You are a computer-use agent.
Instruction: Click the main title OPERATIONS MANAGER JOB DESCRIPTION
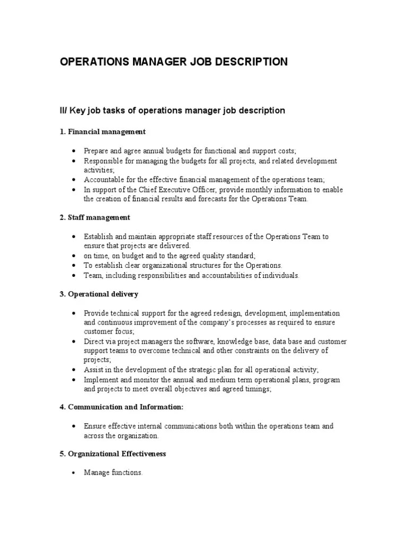coord(174,62)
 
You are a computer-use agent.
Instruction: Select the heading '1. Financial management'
coord(103,132)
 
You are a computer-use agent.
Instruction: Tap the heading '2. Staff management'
coord(95,217)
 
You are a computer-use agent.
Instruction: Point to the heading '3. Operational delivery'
coord(99,294)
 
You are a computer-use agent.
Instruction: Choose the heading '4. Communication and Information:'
coord(122,407)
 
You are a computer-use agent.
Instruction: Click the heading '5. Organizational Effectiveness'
coord(113,454)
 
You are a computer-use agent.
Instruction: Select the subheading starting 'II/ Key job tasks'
coord(172,110)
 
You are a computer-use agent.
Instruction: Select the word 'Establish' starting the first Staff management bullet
coord(98,237)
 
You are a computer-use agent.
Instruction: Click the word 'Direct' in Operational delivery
coord(94,342)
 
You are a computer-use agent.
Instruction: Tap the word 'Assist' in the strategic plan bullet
coord(93,370)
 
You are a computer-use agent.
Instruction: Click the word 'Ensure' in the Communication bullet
coord(95,426)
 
